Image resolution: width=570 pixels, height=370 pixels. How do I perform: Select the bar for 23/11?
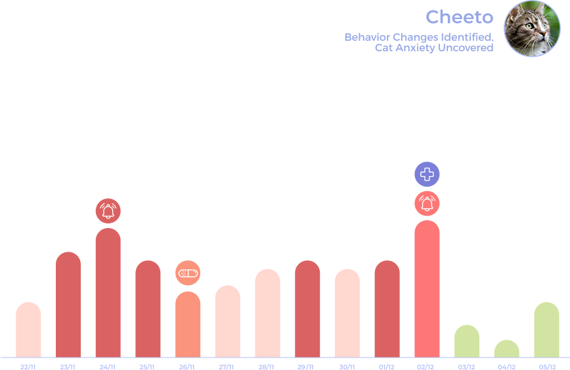tap(68, 305)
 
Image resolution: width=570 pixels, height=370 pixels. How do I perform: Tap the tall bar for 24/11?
tap(108, 293)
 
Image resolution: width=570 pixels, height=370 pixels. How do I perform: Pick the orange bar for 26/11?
tap(188, 325)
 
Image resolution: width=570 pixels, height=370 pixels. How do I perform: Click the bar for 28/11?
tap(267, 313)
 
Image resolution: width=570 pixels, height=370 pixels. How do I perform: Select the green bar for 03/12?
tap(467, 341)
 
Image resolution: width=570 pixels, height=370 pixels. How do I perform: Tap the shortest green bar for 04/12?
tap(506, 349)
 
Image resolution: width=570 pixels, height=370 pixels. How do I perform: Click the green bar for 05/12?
tap(546, 330)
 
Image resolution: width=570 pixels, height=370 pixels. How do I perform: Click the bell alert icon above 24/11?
tap(108, 211)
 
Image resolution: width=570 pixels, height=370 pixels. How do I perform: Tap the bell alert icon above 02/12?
tap(427, 203)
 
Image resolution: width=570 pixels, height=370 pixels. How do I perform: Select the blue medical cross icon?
tap(427, 174)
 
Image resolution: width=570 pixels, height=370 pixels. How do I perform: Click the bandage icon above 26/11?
tap(188, 272)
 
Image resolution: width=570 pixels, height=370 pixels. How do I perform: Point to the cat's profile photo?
tap(532, 28)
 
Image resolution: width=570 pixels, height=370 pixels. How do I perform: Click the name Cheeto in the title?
tap(459, 16)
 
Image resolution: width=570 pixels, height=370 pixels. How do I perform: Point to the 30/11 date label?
tap(347, 367)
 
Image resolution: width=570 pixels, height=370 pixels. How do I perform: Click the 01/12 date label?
tap(387, 367)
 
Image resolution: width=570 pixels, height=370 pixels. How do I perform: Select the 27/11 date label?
tap(227, 367)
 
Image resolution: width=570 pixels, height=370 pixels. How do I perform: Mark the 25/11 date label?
tap(148, 367)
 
